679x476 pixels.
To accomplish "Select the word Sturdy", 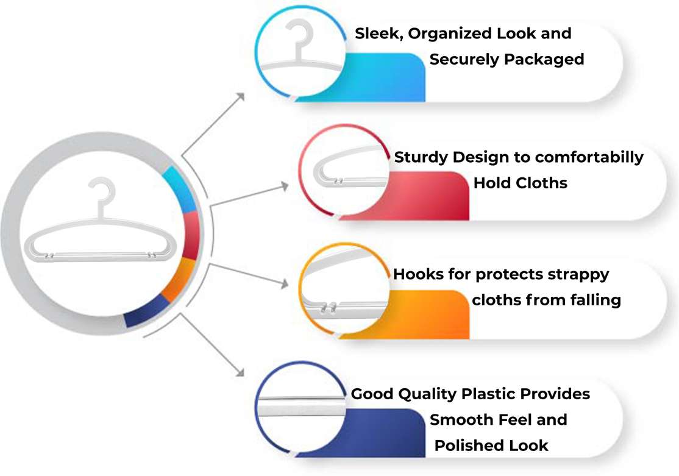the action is coord(421,158).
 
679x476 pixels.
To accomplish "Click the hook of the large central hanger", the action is coord(102,192).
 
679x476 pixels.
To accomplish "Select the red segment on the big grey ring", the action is coord(191,235).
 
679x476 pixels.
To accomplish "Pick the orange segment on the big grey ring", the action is coord(179,279).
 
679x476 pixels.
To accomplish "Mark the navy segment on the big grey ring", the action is coord(146,311).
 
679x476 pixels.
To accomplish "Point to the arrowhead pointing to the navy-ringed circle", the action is coord(239,371).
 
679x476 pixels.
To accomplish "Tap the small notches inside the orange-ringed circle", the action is coord(329,309).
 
